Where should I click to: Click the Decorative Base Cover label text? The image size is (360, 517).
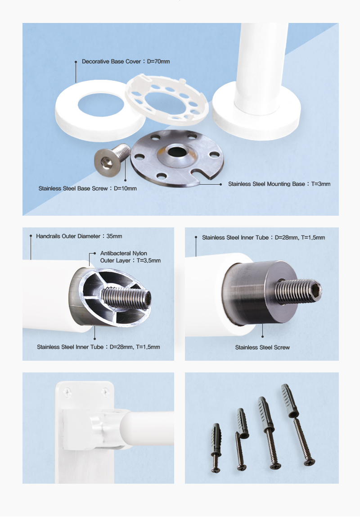pyautogui.click(x=126, y=61)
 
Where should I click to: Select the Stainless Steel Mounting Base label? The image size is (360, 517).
pyautogui.click(x=279, y=184)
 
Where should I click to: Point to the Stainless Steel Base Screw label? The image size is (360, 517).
pyautogui.click(x=88, y=189)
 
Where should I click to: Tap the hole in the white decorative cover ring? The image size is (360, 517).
pyautogui.click(x=101, y=105)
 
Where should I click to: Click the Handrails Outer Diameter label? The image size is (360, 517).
pyautogui.click(x=79, y=236)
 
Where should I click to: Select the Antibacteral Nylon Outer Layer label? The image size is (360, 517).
pyautogui.click(x=130, y=257)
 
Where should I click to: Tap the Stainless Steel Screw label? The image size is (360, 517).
pyautogui.click(x=262, y=348)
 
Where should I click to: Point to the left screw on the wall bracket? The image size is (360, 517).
pyautogui.click(x=67, y=392)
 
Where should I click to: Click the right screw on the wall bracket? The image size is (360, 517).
pyautogui.click(x=105, y=392)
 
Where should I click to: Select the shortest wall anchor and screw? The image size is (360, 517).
pyautogui.click(x=216, y=448)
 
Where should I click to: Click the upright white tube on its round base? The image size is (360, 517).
pyautogui.click(x=260, y=69)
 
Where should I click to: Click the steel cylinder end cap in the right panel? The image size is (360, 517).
pyautogui.click(x=260, y=292)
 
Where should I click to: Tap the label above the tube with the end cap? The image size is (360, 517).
pyautogui.click(x=264, y=237)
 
